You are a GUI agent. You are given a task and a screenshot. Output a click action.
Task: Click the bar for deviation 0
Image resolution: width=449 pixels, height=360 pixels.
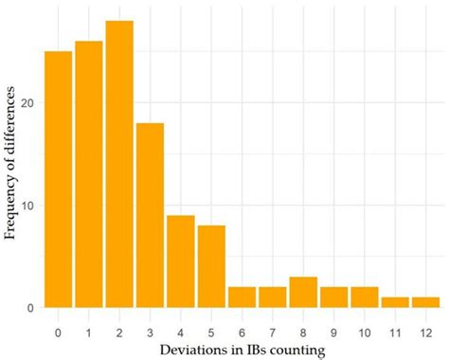(x=58, y=179)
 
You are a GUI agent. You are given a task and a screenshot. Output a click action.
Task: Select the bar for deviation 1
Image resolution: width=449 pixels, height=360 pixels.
(x=89, y=174)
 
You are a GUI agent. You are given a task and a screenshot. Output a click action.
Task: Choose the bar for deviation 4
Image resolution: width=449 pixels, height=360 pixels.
(x=181, y=261)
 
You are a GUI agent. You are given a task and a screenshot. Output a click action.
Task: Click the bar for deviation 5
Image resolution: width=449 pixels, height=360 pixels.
(x=211, y=266)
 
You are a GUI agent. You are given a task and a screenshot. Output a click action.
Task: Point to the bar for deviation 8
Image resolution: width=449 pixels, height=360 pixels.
(x=303, y=292)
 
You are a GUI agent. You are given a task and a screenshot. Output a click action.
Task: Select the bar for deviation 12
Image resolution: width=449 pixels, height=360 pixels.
(x=426, y=302)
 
